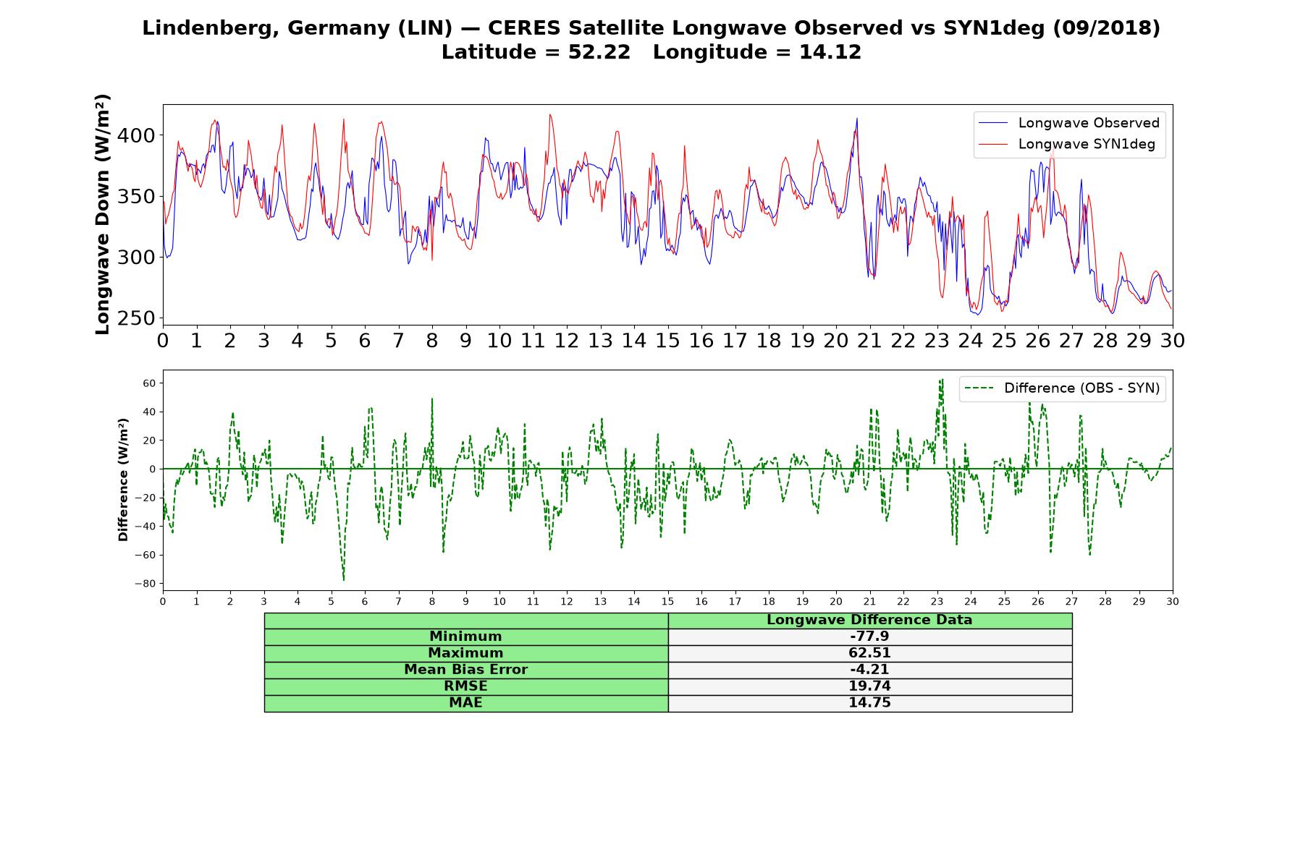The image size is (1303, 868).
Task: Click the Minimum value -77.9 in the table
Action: pyautogui.click(x=869, y=637)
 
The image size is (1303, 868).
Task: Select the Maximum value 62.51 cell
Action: pyautogui.click(x=869, y=653)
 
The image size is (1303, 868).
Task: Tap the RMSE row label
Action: pyautogui.click(x=465, y=686)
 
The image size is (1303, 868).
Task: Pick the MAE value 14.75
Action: pyautogui.click(x=869, y=703)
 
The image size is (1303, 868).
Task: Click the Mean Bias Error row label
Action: pyautogui.click(x=465, y=670)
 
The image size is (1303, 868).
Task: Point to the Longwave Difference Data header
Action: pyautogui.click(x=869, y=620)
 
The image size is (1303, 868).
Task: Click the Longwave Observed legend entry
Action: pyautogui.click(x=1069, y=123)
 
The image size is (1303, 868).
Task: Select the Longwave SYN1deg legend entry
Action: pyautogui.click(x=1067, y=144)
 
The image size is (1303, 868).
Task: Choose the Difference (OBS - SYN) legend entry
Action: pyautogui.click(x=1062, y=388)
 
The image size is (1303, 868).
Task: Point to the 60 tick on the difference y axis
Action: pyautogui.click(x=150, y=383)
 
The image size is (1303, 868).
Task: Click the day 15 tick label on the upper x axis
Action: pyautogui.click(x=667, y=341)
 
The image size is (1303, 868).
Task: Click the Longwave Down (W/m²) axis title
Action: pyautogui.click(x=103, y=214)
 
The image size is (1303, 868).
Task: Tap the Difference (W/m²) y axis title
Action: pyautogui.click(x=124, y=480)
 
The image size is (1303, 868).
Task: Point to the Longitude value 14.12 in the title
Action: pyautogui.click(x=830, y=52)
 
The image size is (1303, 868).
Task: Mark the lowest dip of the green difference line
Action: pyautogui.click(x=344, y=580)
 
